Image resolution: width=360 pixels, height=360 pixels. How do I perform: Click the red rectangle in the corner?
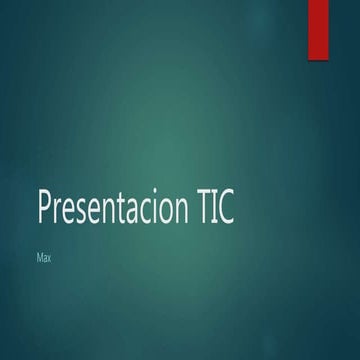(x=318, y=28)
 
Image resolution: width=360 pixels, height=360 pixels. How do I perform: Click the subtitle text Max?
(x=43, y=258)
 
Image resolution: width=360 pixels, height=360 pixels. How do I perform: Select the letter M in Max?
(x=39, y=258)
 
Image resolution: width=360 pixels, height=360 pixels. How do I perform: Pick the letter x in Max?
(x=49, y=259)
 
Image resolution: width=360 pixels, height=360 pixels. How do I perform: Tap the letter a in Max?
(x=44, y=259)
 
